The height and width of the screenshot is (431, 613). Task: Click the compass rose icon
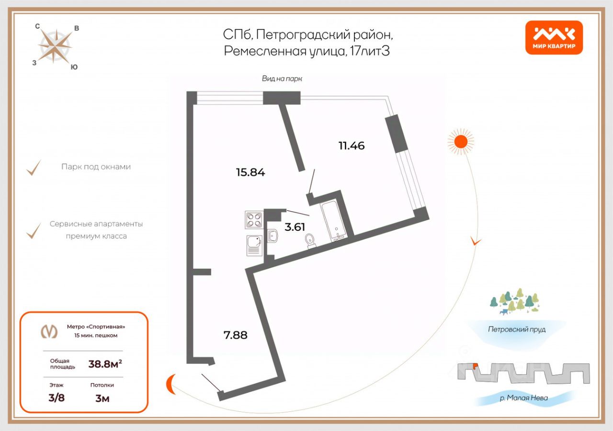click(55, 46)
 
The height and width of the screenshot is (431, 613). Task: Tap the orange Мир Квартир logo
click(554, 37)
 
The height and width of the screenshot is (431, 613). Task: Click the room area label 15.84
click(250, 172)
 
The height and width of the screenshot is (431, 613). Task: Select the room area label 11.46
click(352, 146)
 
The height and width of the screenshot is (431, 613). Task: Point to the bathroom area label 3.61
click(295, 227)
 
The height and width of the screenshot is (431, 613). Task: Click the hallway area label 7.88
click(236, 335)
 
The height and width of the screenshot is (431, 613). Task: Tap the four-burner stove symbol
click(253, 221)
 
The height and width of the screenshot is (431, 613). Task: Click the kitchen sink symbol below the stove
click(254, 244)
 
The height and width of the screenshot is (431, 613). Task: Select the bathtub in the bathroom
click(334, 220)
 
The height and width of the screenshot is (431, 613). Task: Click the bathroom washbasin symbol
click(273, 236)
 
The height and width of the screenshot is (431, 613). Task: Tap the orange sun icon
click(461, 141)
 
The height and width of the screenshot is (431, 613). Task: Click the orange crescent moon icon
click(171, 384)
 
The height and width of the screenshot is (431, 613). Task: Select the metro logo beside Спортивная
click(48, 330)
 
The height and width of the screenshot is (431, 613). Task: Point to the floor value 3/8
click(57, 398)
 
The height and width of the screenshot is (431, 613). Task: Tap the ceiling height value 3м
click(102, 398)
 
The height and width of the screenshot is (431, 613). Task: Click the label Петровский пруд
click(517, 329)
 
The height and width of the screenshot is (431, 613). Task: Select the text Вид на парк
click(282, 79)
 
